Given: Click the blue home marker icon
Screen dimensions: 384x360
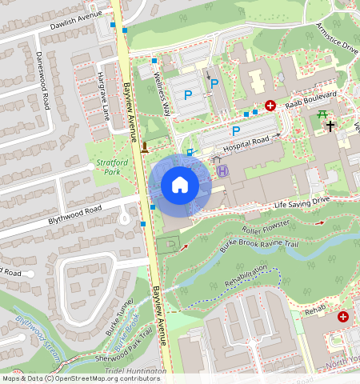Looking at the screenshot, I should [180, 186].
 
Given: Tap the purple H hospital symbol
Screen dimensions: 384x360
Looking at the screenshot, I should [222, 170].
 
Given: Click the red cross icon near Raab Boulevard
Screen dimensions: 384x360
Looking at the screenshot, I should [270, 106].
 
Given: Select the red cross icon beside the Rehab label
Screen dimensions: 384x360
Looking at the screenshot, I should [343, 317].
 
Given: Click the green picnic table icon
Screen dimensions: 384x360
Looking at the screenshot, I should [323, 115].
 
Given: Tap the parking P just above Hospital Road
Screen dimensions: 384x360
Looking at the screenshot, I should [236, 130].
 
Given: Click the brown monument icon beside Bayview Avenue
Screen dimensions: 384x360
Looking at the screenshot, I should [145, 146].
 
